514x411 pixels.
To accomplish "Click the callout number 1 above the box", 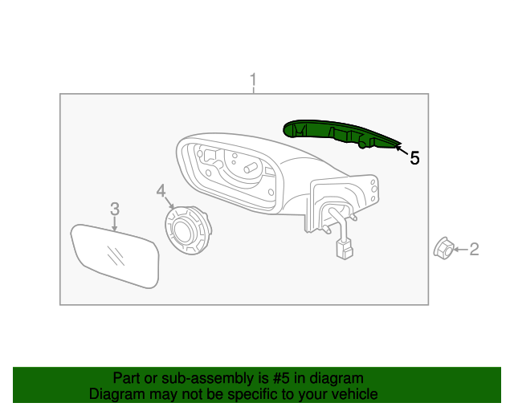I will click(254, 80).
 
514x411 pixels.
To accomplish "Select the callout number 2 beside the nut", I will click(474, 250).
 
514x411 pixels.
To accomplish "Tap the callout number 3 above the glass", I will click(115, 209).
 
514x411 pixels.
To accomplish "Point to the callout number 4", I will click(161, 190).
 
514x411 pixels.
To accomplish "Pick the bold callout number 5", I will click(414, 158).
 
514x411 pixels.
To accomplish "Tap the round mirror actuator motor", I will click(186, 231).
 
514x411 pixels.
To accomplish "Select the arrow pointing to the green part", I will click(401, 148).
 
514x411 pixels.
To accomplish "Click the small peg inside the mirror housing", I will click(249, 169).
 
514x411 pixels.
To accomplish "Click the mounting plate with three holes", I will click(373, 191).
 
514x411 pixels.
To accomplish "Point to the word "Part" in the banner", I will click(127, 378).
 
